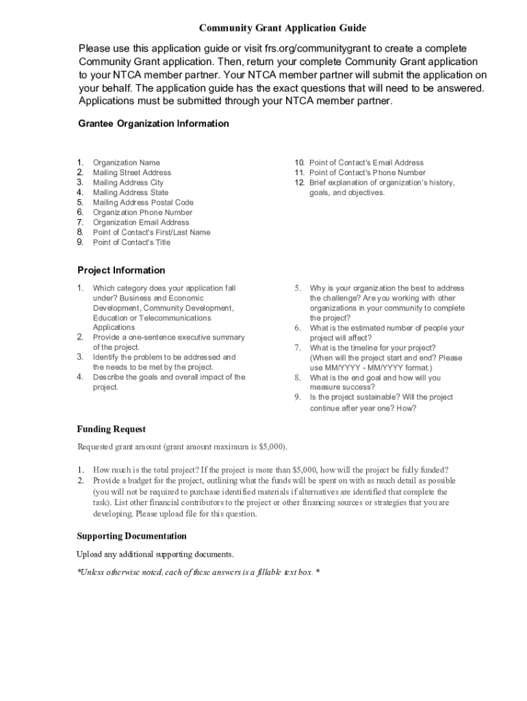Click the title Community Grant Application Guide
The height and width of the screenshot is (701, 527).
[283, 28]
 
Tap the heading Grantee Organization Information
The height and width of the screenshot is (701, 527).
[153, 124]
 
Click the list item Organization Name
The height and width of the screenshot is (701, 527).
[126, 163]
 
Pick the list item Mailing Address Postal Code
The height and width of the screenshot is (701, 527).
[143, 203]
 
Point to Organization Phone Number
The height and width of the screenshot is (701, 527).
[142, 212]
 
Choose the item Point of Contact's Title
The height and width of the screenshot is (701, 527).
[131, 242]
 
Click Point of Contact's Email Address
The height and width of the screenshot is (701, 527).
[366, 163]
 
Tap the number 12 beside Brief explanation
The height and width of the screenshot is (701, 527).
[299, 183]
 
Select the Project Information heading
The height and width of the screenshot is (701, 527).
[121, 270]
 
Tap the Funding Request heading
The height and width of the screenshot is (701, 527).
[111, 429]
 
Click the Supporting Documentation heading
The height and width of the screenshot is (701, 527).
[131, 536]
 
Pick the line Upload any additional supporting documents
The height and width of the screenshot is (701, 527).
[155, 554]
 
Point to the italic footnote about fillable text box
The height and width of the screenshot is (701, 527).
[198, 572]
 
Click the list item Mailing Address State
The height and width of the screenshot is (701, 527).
[130, 193]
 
